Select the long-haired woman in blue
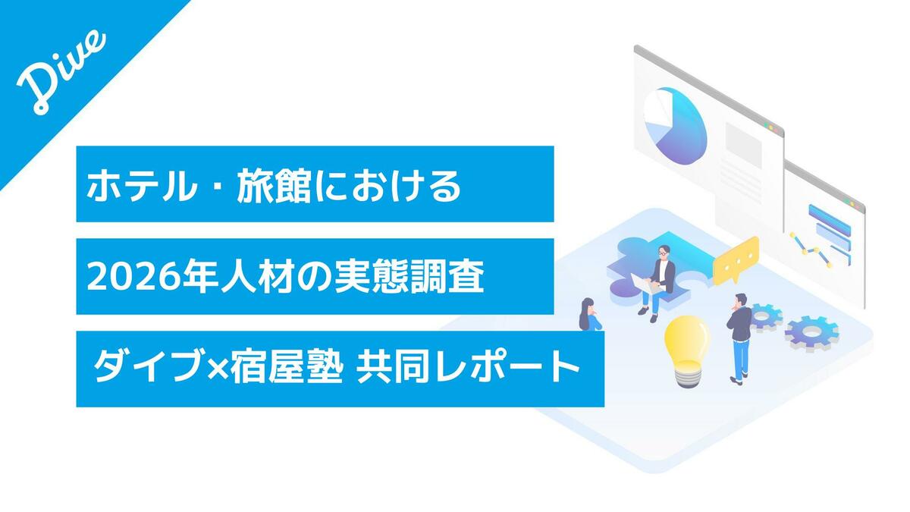point(590,315)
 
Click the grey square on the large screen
point(743,144)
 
